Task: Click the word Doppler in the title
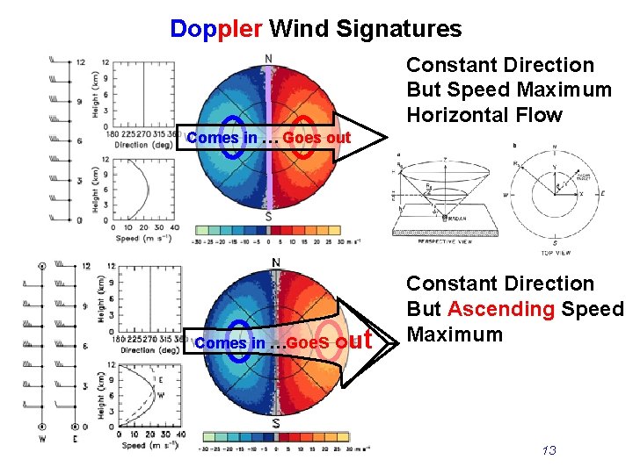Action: [215, 29]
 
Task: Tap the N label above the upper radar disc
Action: [268, 59]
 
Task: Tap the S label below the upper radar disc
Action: [268, 217]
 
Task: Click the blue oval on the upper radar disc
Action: [233, 137]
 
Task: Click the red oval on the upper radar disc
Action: [302, 137]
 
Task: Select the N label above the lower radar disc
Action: [276, 262]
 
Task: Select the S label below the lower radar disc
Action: [275, 423]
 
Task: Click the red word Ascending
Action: [500, 309]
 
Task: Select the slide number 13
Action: [549, 450]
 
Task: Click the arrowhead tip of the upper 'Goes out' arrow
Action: [387, 138]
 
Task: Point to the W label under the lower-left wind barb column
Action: [42, 439]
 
